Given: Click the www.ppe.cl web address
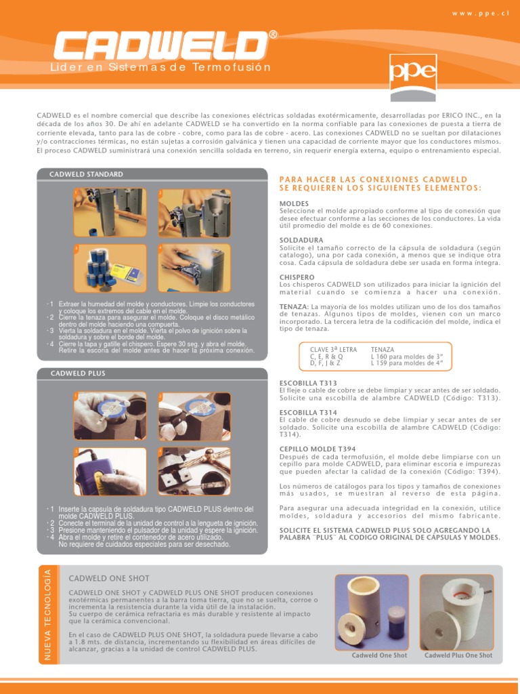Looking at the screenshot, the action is (480, 14).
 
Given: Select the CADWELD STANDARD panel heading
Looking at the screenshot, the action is (86, 174).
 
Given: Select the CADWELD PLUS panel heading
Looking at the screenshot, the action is (78, 373).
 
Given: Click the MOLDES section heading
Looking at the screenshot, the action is (294, 203).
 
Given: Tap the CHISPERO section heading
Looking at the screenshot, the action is (297, 277).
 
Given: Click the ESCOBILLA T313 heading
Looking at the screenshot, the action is (308, 384).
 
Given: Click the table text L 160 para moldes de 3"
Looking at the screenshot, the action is (407, 356).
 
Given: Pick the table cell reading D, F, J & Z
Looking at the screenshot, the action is (325, 363).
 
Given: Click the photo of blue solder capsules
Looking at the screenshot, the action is (110, 268).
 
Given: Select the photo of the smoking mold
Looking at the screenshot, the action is (194, 268).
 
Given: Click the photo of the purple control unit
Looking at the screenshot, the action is (110, 472).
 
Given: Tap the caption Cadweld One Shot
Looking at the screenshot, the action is (379, 655).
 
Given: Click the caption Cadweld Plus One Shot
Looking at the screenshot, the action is (458, 655).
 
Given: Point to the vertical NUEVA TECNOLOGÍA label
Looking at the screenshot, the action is (48, 615).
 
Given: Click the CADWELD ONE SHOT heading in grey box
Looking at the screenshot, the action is (109, 579).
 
